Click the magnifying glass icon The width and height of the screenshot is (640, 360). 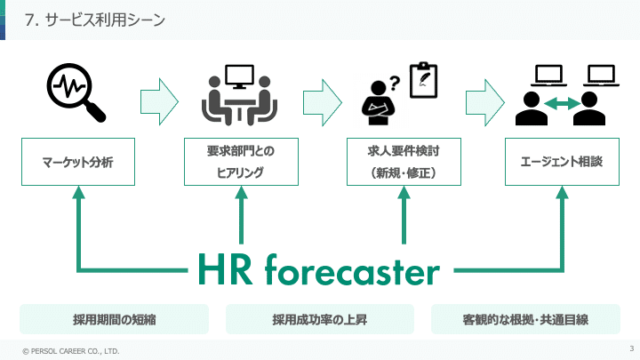pyautogui.click(x=76, y=93)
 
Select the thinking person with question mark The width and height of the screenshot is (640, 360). pyautogui.click(x=380, y=100)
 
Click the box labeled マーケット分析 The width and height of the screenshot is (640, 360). pyautogui.click(x=77, y=162)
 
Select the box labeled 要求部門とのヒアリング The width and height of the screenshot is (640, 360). pyautogui.click(x=240, y=162)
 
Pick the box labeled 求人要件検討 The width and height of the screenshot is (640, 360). pyautogui.click(x=404, y=162)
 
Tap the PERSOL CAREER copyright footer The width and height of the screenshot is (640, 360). pyautogui.click(x=70, y=351)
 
